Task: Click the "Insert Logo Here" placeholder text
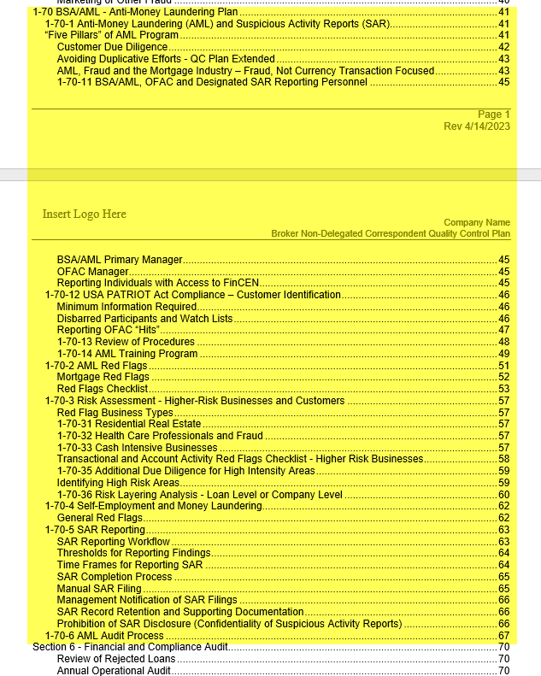pos(84,214)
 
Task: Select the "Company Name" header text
pos(476,222)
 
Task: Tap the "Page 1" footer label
pos(493,115)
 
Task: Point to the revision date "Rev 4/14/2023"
pos(476,126)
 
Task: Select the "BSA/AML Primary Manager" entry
pos(120,260)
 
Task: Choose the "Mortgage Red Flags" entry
pos(103,377)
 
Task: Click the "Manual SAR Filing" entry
pos(99,588)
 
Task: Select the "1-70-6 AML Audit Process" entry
pos(103,635)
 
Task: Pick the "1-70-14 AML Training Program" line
pos(127,353)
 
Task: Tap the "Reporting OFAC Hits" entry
pos(109,330)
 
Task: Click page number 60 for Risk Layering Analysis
pos(503,494)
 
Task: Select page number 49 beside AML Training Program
pos(503,353)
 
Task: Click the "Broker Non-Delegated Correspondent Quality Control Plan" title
pos(390,233)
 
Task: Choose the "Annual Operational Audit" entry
pos(114,670)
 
